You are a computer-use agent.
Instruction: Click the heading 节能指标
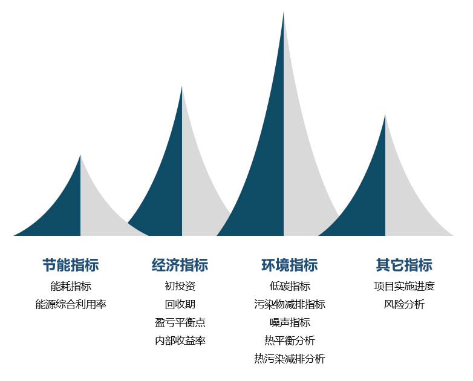(71, 265)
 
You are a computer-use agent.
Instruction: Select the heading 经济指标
(180, 265)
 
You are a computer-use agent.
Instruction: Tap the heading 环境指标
(289, 265)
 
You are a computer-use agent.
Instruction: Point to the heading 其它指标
(404, 265)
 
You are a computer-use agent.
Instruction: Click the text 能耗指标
(71, 286)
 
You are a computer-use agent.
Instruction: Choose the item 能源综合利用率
(71, 304)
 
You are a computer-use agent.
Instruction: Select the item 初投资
(180, 286)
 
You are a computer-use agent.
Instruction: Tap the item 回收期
(180, 304)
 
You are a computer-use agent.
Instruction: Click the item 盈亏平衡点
(180, 322)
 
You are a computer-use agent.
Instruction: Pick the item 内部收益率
(180, 340)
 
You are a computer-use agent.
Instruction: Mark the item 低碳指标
(290, 286)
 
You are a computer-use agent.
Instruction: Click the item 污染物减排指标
(290, 304)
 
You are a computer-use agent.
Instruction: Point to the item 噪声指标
(290, 322)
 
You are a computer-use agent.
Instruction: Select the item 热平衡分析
(290, 340)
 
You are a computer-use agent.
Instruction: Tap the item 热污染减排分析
(290, 359)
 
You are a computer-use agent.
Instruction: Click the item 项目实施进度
(404, 286)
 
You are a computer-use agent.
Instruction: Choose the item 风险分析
(404, 304)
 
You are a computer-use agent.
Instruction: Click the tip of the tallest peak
(283, 13)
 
